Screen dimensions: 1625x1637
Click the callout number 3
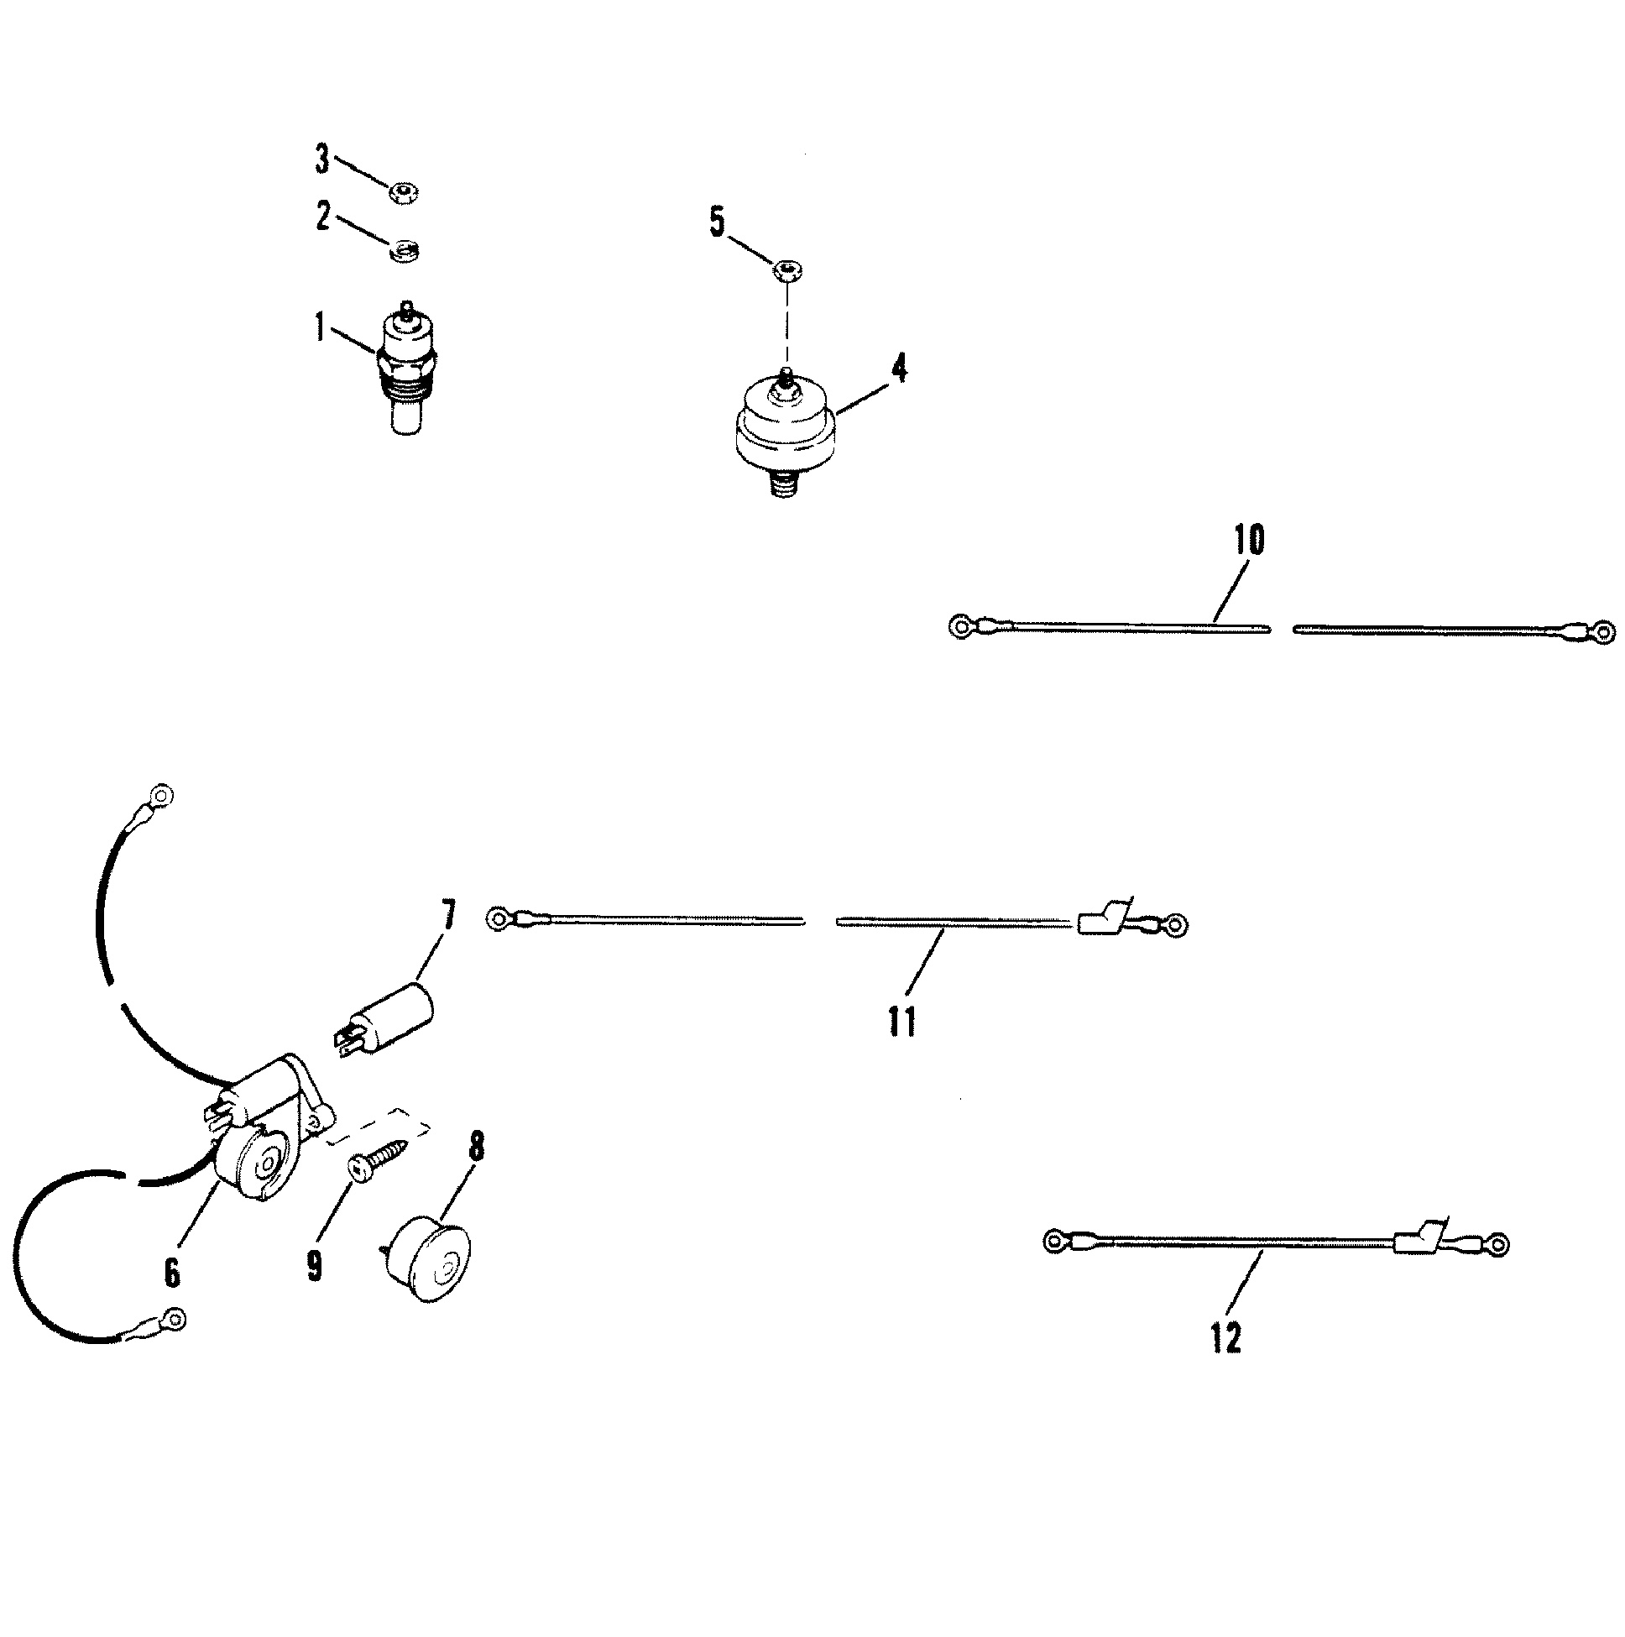tap(322, 160)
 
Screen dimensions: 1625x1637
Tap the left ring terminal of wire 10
tap(960, 627)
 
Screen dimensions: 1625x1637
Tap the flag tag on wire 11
tap(1101, 917)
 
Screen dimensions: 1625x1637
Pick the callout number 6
tap(172, 1272)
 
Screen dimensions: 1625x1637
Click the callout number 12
tap(1225, 1338)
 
